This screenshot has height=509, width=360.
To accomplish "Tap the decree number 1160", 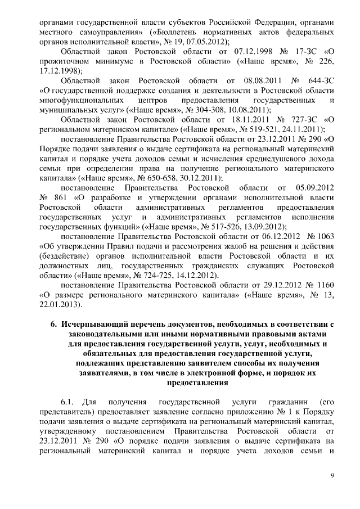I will [327, 285].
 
